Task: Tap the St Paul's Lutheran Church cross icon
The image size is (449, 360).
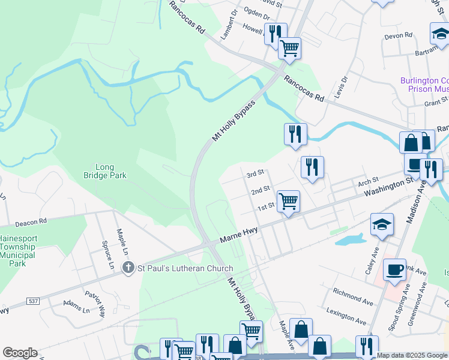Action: click(x=127, y=268)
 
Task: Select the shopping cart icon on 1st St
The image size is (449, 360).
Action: click(x=288, y=202)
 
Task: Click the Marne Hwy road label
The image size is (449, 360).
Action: click(x=238, y=230)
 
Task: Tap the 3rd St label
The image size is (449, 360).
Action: click(x=256, y=173)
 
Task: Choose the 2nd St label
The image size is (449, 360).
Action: click(x=260, y=190)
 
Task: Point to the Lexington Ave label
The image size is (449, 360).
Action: click(x=346, y=314)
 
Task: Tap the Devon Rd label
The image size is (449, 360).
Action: click(x=399, y=35)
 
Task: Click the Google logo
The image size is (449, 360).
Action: click(x=20, y=353)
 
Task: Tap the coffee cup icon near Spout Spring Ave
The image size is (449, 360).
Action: click(x=394, y=269)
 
